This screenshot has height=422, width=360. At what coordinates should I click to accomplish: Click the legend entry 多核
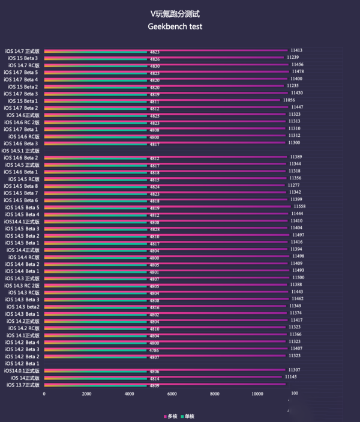[x=171, y=416]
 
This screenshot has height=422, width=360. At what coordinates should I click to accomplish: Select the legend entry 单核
[x=188, y=416]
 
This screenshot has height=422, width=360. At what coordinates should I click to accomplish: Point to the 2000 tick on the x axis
[x=86, y=394]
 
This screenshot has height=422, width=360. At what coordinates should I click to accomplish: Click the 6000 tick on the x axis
[x=172, y=394]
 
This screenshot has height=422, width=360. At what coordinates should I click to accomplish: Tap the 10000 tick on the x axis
[x=257, y=394]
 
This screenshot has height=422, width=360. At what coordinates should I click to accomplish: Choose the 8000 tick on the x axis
[x=214, y=394]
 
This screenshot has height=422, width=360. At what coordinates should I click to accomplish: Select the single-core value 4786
[x=154, y=350]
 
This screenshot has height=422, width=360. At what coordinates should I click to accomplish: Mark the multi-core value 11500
[x=298, y=277]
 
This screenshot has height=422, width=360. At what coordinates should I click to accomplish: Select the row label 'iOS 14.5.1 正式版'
[x=21, y=151]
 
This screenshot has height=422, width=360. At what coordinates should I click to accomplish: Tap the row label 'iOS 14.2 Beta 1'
[x=23, y=363]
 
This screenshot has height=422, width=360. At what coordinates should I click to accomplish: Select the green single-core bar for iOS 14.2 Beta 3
[x=96, y=350]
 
